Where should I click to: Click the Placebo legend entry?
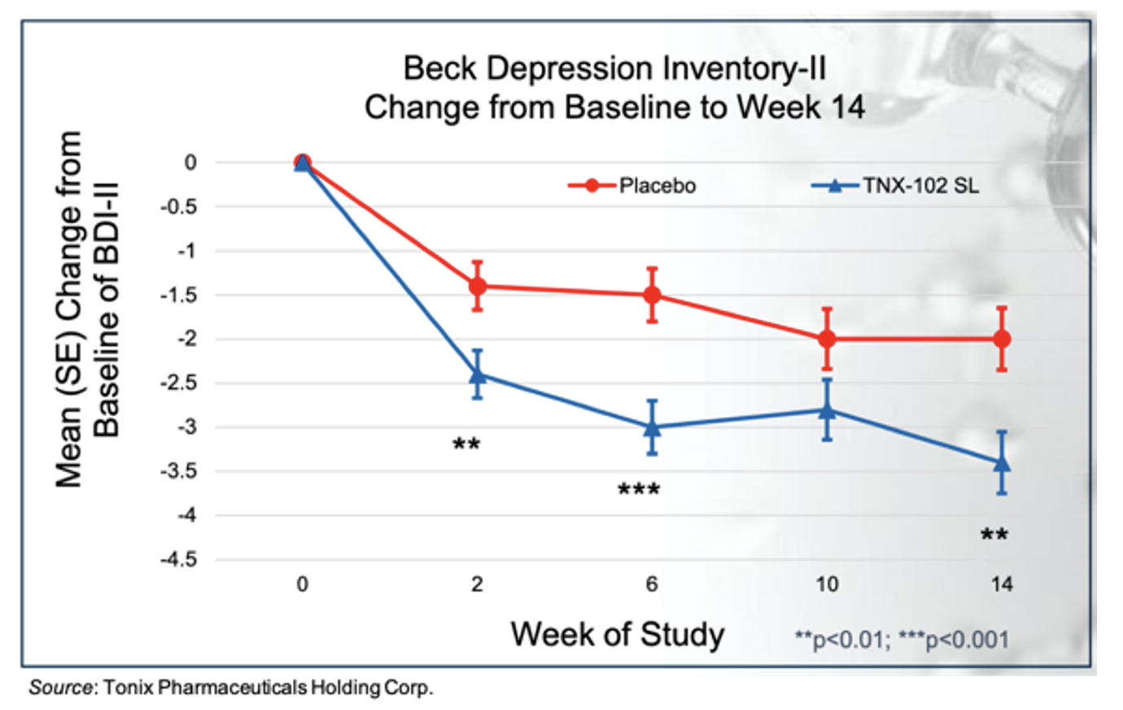click(632, 186)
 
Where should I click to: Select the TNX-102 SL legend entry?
click(895, 186)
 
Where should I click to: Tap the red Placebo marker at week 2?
click(478, 286)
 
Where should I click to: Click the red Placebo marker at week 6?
click(652, 295)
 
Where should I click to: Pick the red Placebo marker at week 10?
click(827, 339)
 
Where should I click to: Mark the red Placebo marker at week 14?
click(1002, 339)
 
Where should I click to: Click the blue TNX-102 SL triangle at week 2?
click(478, 375)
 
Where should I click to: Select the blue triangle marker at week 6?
click(652, 427)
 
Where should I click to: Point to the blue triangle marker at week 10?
click(827, 410)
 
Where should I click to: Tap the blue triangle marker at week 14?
click(1002, 462)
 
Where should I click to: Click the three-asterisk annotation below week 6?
click(639, 490)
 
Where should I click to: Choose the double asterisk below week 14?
click(994, 535)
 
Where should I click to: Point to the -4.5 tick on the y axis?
click(179, 560)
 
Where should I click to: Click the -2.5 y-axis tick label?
click(179, 383)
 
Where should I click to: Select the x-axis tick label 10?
click(827, 585)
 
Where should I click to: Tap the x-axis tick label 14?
click(1002, 585)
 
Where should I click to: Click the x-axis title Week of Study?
click(617, 634)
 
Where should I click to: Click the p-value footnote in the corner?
click(901, 639)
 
